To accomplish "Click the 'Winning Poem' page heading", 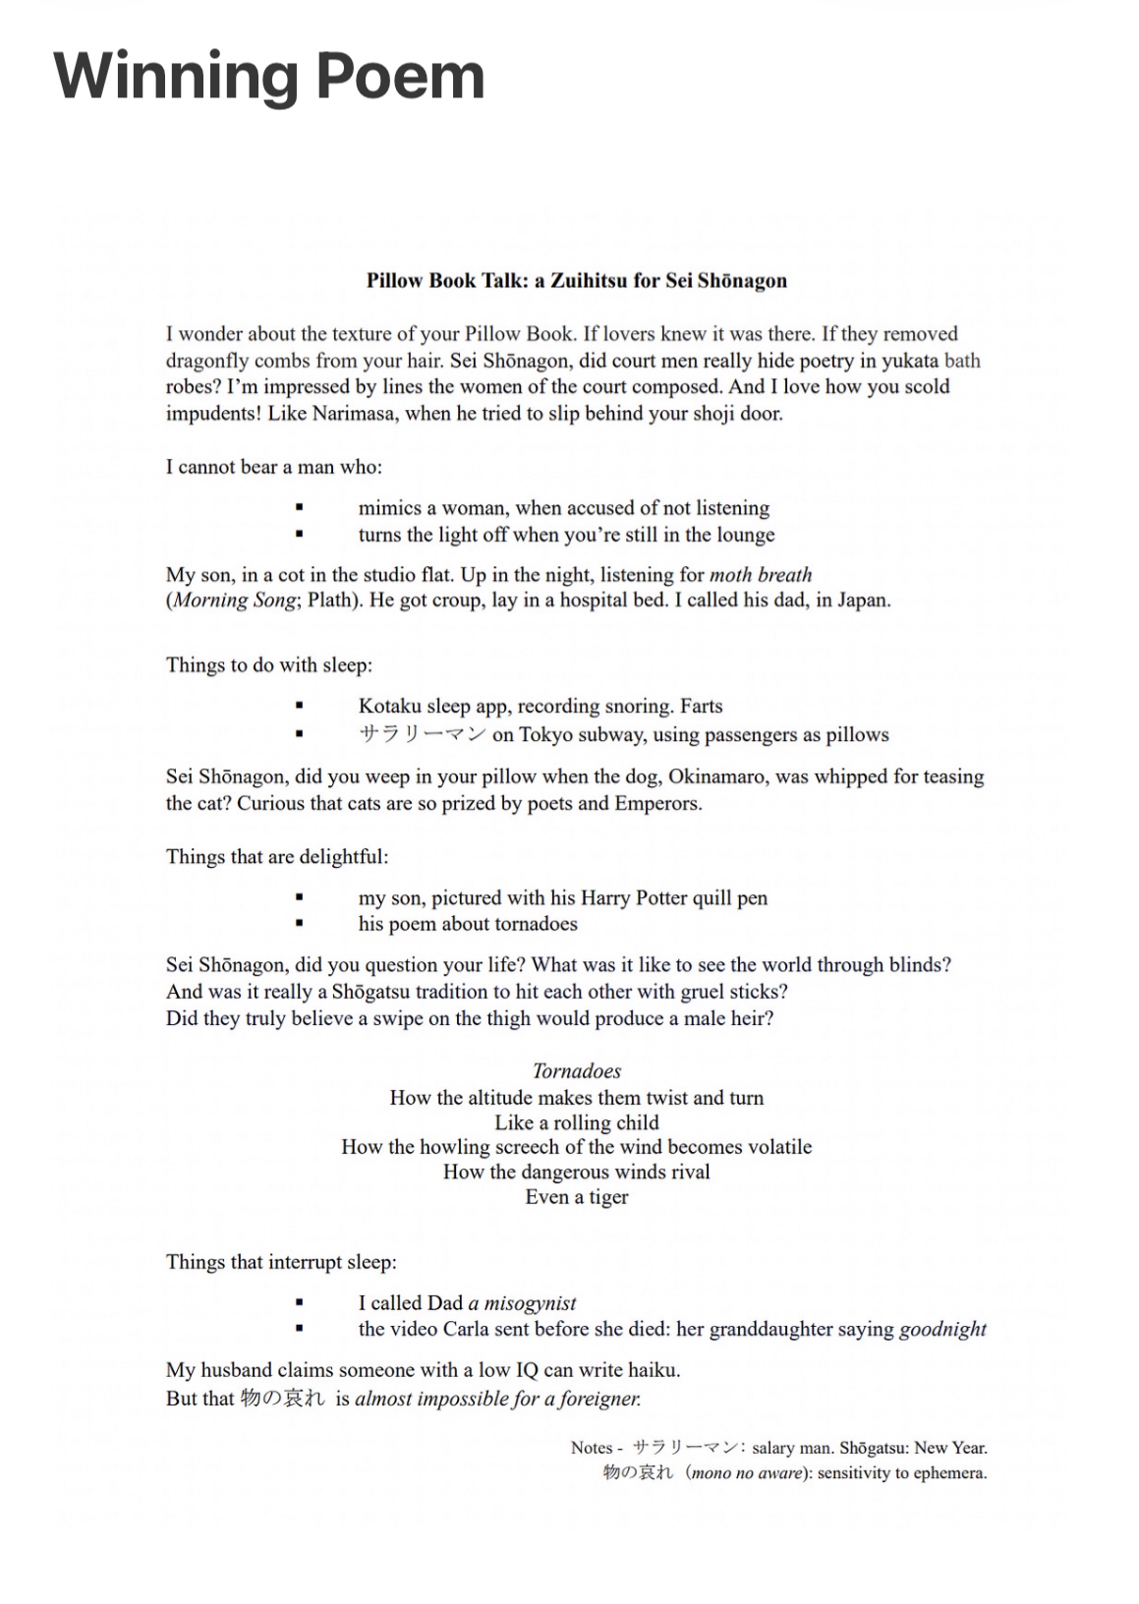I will point(268,76).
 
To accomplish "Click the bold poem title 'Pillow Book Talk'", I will point(446,280).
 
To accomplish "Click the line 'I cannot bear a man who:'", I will point(273,466).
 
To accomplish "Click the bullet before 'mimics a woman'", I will point(299,508).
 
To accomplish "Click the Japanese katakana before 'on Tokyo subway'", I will point(422,734).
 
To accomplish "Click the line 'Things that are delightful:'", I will point(277,856).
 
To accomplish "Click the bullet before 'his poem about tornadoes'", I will point(299,924).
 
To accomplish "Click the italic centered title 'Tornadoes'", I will point(577,1070).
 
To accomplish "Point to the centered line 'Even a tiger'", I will point(577,1196).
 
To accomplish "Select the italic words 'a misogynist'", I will point(522,1302).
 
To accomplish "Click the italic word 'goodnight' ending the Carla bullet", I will point(942,1329).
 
